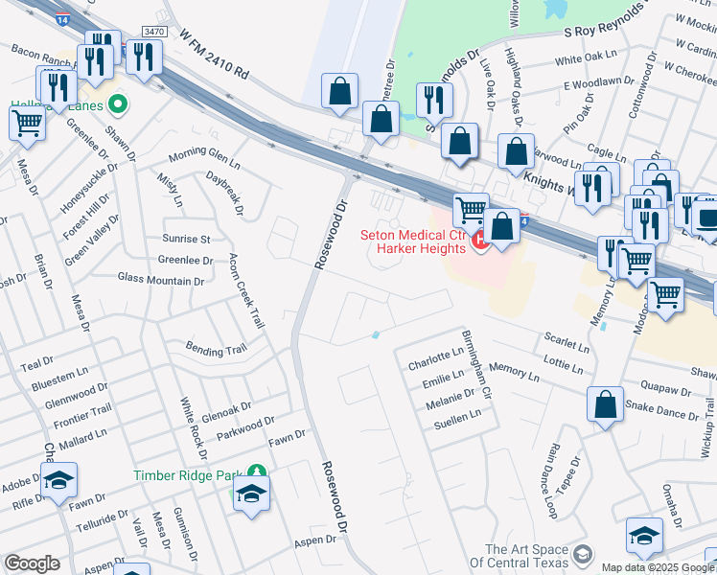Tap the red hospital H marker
point(480,243)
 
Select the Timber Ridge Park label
point(189,473)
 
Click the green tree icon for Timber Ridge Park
point(256,472)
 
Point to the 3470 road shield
point(152,32)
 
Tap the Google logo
point(32,563)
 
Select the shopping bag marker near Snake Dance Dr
point(605,404)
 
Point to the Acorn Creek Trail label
point(246,292)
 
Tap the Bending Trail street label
point(216,351)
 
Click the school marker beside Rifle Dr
point(58,480)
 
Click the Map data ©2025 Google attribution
point(658,567)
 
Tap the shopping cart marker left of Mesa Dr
point(27,123)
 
